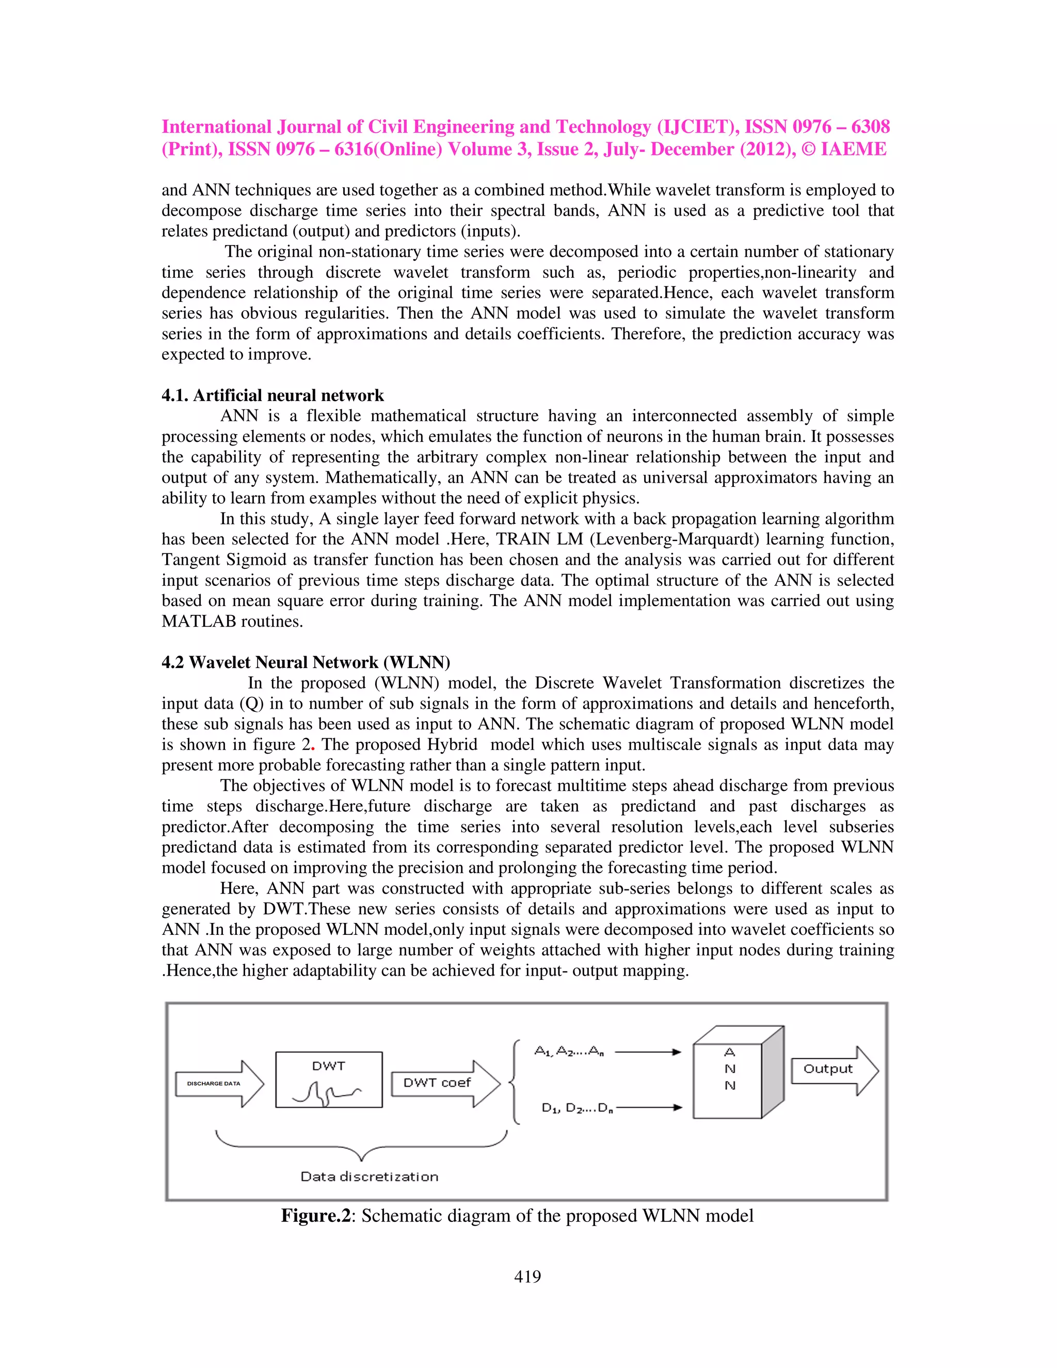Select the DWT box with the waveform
click(x=329, y=1079)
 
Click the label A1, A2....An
click(x=569, y=1052)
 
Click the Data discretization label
click(x=369, y=1176)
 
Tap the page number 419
click(x=527, y=1277)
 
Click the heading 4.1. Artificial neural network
click(x=273, y=395)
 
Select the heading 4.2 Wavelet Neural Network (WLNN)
click(x=306, y=662)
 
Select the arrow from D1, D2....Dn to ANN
click(x=649, y=1107)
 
